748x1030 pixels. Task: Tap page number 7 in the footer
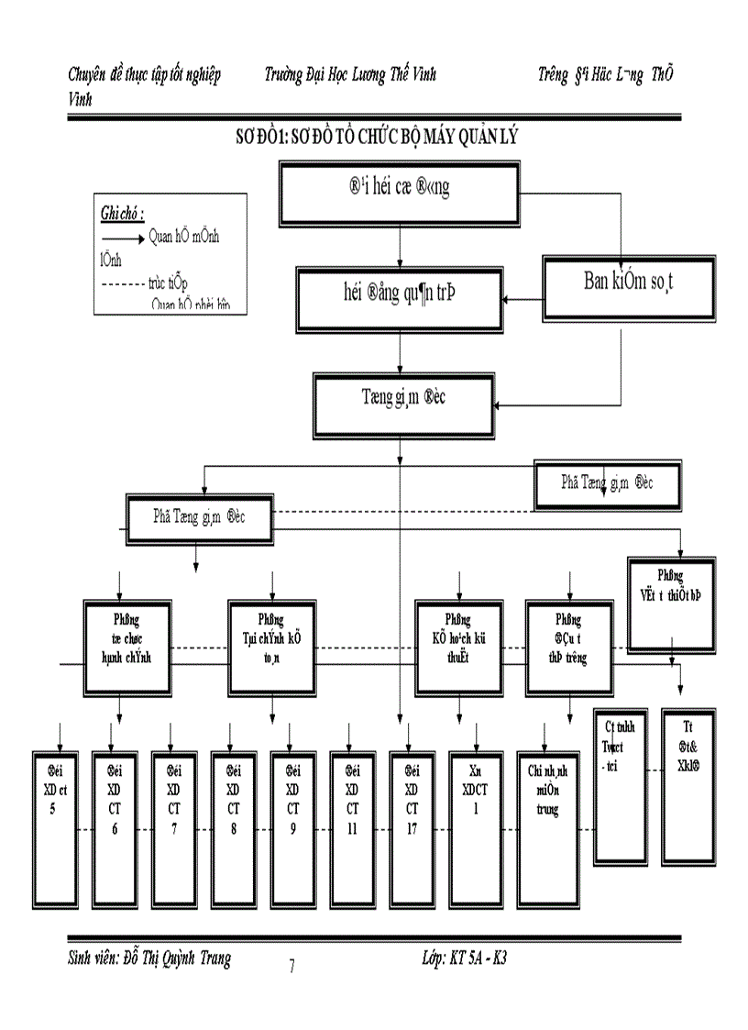pos(291,967)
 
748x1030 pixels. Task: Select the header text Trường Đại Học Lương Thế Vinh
pos(349,75)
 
